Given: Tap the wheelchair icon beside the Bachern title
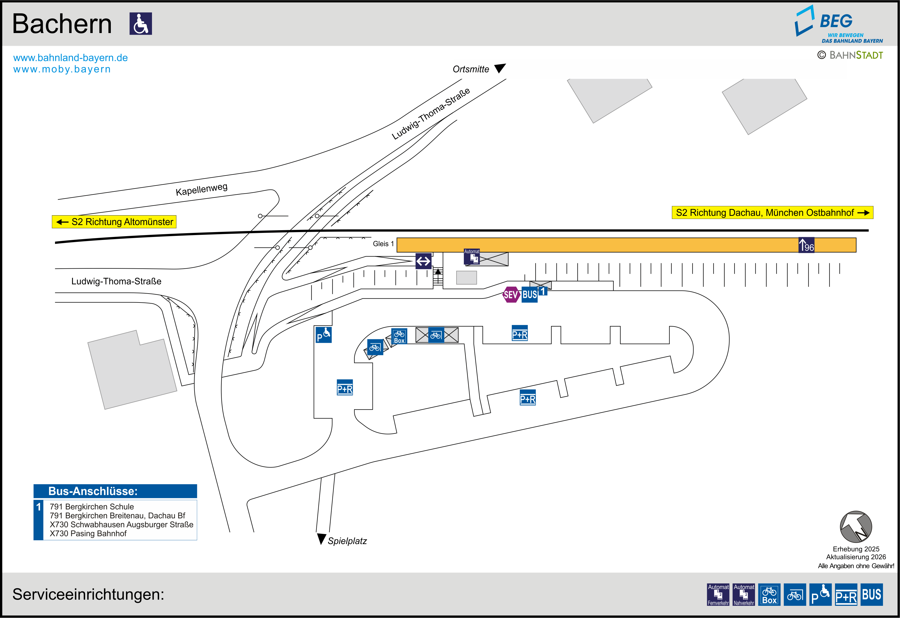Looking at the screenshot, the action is tap(141, 24).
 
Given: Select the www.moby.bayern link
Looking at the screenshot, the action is tap(62, 69).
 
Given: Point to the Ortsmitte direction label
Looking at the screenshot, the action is tap(471, 69).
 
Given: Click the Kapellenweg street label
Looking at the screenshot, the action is tap(201, 189).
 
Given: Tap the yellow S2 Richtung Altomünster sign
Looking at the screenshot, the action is tap(114, 222).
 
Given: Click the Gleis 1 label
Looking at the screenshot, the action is tap(383, 243).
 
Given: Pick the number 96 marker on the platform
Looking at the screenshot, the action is tap(806, 245).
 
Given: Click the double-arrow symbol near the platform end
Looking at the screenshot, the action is tap(423, 261).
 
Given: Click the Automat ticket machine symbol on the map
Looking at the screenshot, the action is tap(472, 257).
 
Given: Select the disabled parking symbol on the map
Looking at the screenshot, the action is tap(323, 334).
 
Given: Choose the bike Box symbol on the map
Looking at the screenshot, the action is tap(399, 336).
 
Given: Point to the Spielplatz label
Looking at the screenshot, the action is tap(347, 541).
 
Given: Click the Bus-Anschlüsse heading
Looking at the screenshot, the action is tap(93, 491).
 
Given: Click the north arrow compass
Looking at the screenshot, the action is tap(856, 527).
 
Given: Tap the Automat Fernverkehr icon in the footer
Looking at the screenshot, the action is tap(718, 594).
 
